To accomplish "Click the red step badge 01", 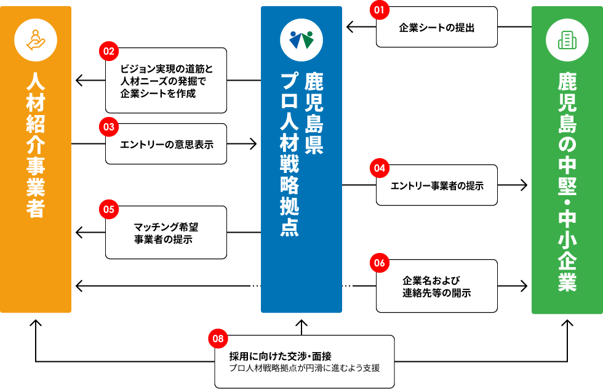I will click(x=379, y=10).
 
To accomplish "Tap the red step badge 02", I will click(x=109, y=52).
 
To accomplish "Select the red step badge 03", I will click(x=109, y=127).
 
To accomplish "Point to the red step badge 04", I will click(x=379, y=168).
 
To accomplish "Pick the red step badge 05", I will click(x=109, y=209).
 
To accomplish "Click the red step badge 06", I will click(x=379, y=263).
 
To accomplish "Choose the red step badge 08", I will click(x=218, y=339).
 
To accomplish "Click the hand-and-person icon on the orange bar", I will click(x=36, y=40).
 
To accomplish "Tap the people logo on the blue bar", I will click(x=301, y=40).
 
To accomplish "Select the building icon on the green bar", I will click(x=567, y=40).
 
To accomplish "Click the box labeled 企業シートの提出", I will click(x=437, y=28).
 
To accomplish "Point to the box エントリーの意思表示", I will click(x=166, y=144).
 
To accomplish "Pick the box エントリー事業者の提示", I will click(x=437, y=185).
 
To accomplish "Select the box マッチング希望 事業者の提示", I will click(x=166, y=233).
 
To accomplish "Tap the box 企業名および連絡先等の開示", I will click(x=437, y=286).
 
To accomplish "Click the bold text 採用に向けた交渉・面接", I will click(x=280, y=356).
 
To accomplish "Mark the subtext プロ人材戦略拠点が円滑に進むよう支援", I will click(x=304, y=368).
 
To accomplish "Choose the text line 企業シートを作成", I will click(x=158, y=94).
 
